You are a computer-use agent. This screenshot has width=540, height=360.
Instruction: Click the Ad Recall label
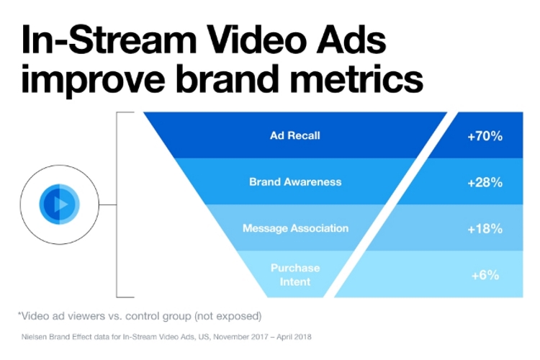point(295,135)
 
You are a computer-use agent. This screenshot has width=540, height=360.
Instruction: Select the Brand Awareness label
point(295,181)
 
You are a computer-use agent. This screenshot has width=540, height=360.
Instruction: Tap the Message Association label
point(295,228)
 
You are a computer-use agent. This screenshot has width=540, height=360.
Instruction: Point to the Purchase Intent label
point(295,274)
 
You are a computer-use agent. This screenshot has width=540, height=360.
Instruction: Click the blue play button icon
point(60,204)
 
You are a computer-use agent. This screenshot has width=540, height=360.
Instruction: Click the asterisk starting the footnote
point(20,314)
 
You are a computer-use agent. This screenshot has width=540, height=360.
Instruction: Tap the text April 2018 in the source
point(292,336)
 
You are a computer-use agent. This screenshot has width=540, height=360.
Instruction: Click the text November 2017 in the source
point(239,336)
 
